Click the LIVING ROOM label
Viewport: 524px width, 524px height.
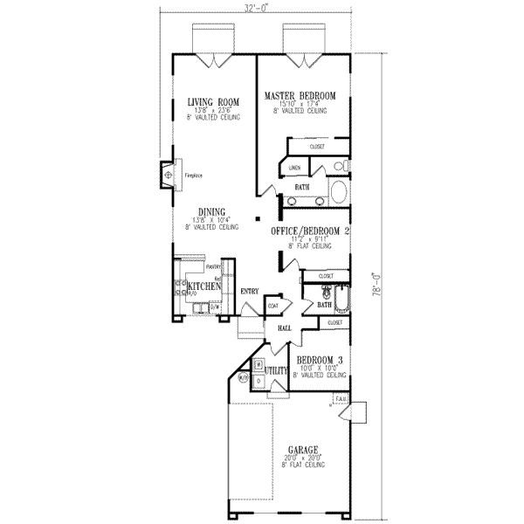click(214, 102)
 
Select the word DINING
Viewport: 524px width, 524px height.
click(212, 211)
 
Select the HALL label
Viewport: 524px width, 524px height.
click(285, 327)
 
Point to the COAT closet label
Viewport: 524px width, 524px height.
click(273, 306)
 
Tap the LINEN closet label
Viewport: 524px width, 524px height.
click(295, 167)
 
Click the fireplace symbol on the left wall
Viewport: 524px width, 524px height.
click(166, 175)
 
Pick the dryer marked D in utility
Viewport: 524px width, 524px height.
click(259, 382)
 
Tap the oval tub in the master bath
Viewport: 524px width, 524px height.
click(337, 192)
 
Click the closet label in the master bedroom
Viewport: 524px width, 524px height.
click(317, 147)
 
